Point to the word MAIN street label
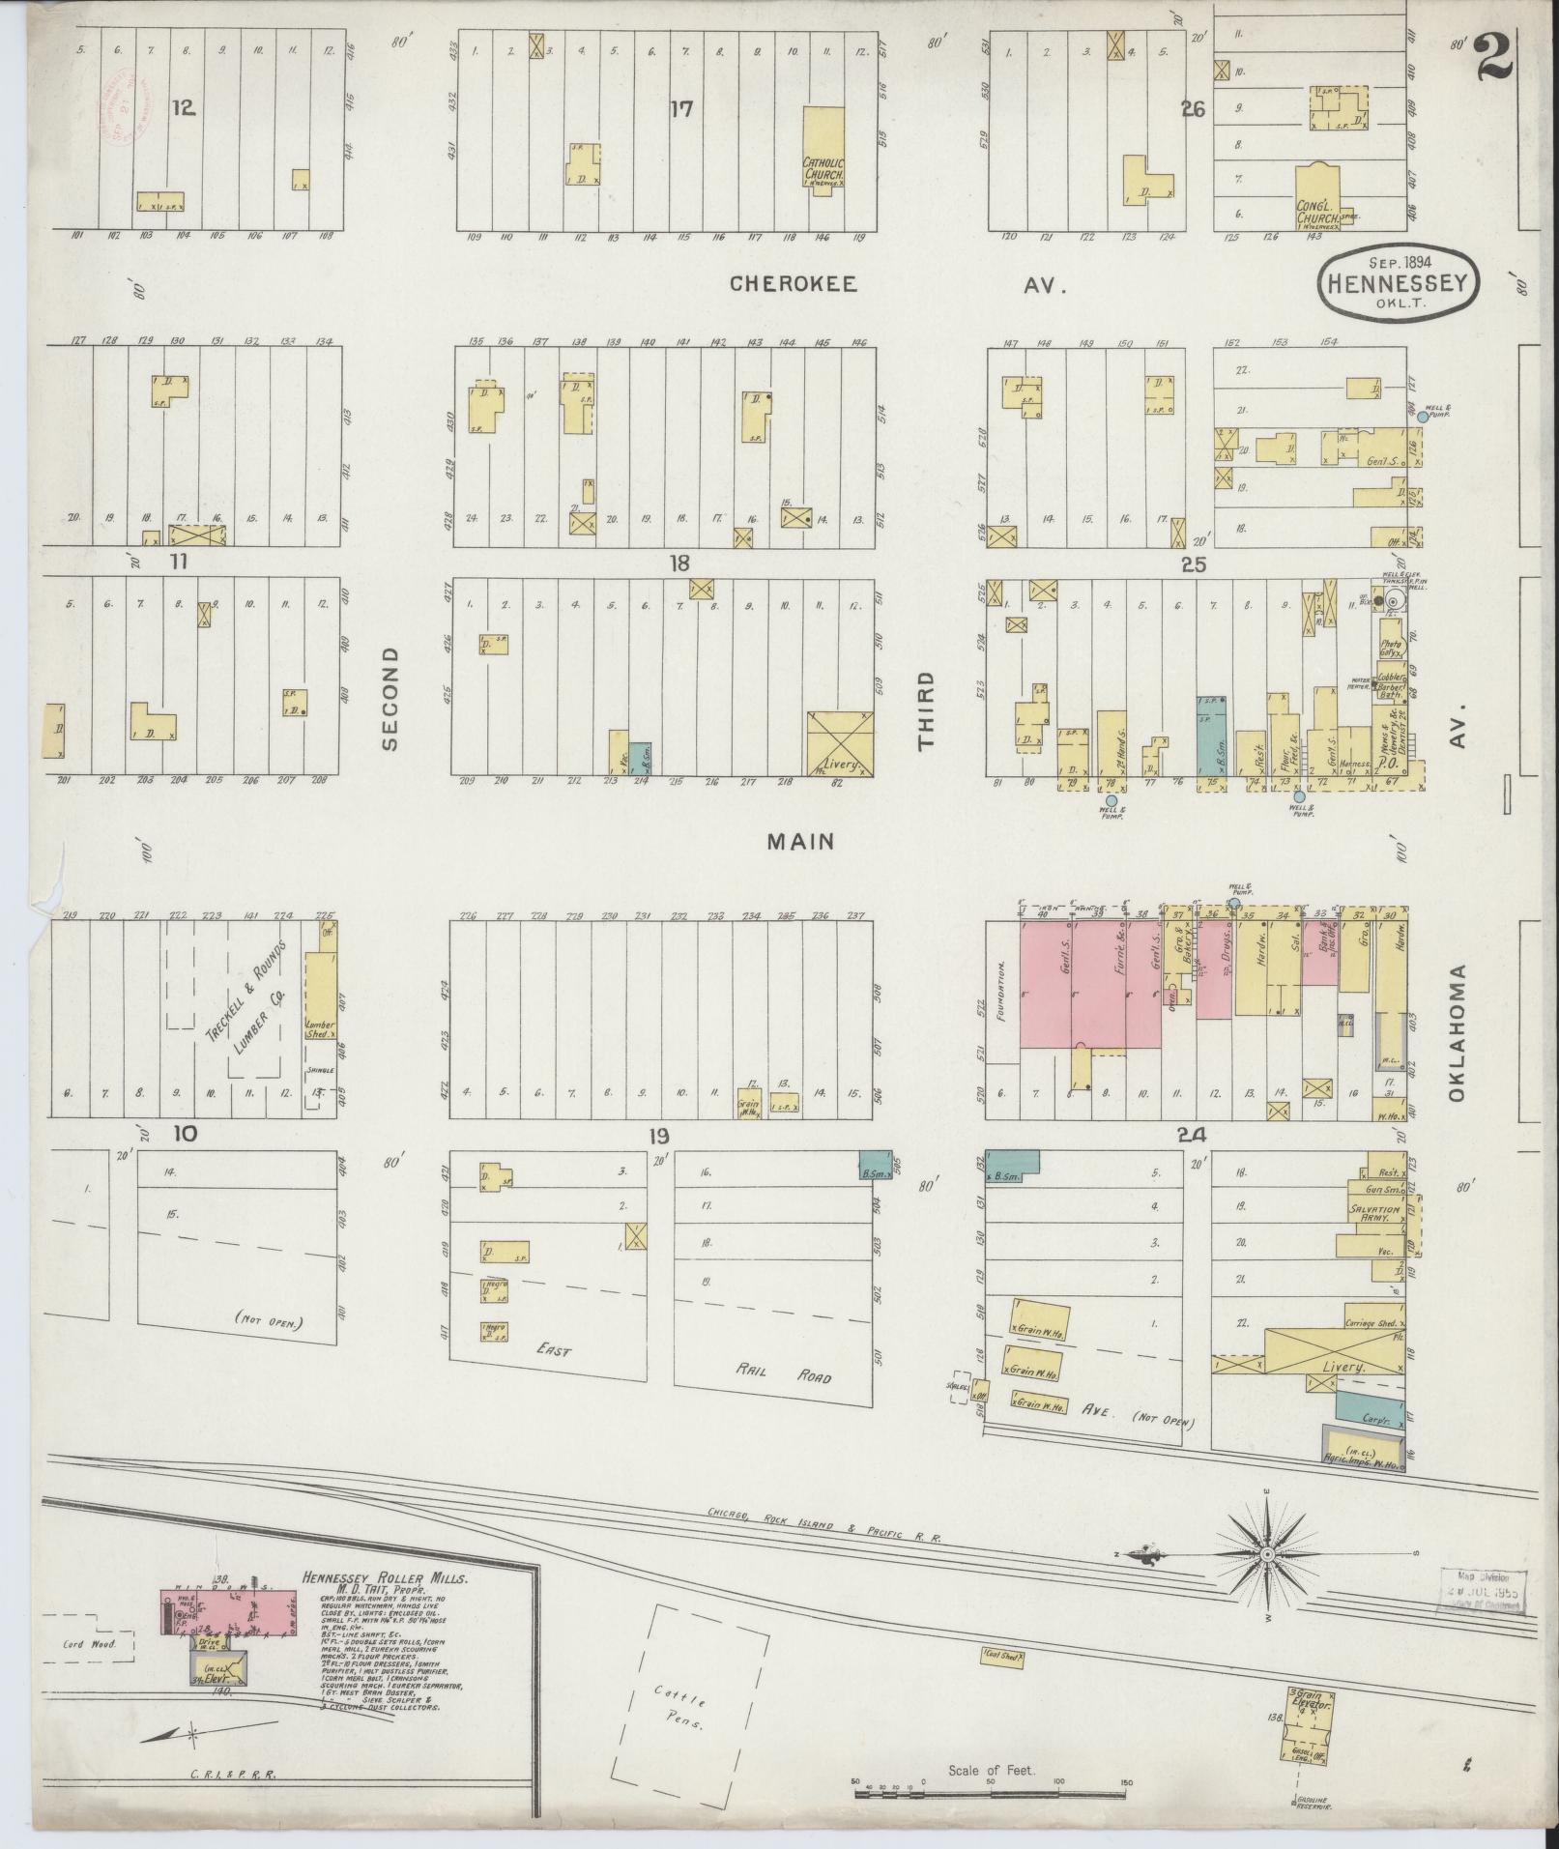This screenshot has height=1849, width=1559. point(800,842)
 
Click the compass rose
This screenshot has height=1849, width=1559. point(1266,1553)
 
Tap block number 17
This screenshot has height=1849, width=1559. point(682,108)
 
